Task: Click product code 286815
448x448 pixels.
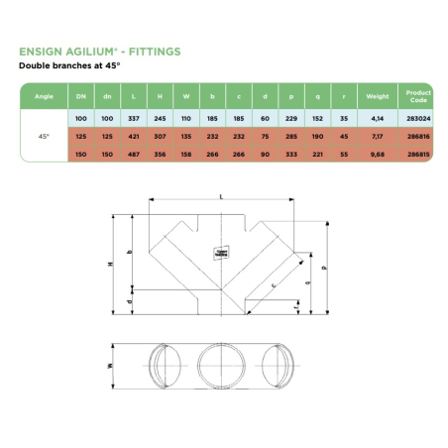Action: (x=417, y=155)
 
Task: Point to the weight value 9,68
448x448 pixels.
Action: (x=377, y=155)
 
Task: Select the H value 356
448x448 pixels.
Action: (x=160, y=155)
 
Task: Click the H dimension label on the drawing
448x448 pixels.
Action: (x=112, y=264)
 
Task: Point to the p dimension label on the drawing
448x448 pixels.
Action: (x=323, y=267)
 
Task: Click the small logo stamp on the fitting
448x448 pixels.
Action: (x=222, y=254)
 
